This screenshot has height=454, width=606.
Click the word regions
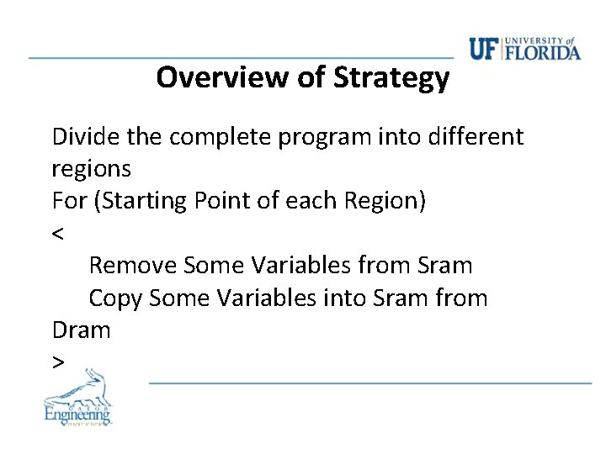click(x=91, y=169)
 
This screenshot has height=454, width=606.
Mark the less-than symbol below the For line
click(x=58, y=234)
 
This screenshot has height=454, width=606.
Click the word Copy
click(x=115, y=298)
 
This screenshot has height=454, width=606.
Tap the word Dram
click(x=81, y=330)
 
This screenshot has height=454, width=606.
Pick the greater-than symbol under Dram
click(x=58, y=362)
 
